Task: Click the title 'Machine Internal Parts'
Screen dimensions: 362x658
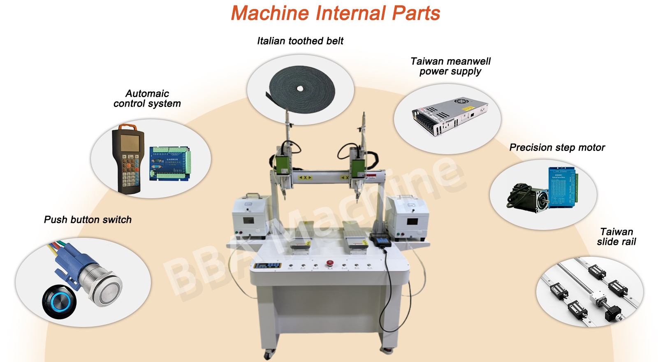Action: click(x=335, y=13)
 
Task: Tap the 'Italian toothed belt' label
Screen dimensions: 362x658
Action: click(x=300, y=41)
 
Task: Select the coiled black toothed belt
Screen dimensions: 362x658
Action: click(x=301, y=88)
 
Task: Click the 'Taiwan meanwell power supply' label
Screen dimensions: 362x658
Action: click(x=450, y=66)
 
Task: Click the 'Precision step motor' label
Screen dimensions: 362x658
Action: click(x=557, y=147)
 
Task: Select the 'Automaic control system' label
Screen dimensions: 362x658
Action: click(x=147, y=98)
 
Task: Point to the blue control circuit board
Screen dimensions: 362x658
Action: click(x=170, y=164)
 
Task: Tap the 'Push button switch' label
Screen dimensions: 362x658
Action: click(x=88, y=219)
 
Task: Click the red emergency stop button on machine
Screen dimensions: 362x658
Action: click(x=329, y=263)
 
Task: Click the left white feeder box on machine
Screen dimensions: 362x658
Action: click(x=250, y=217)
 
